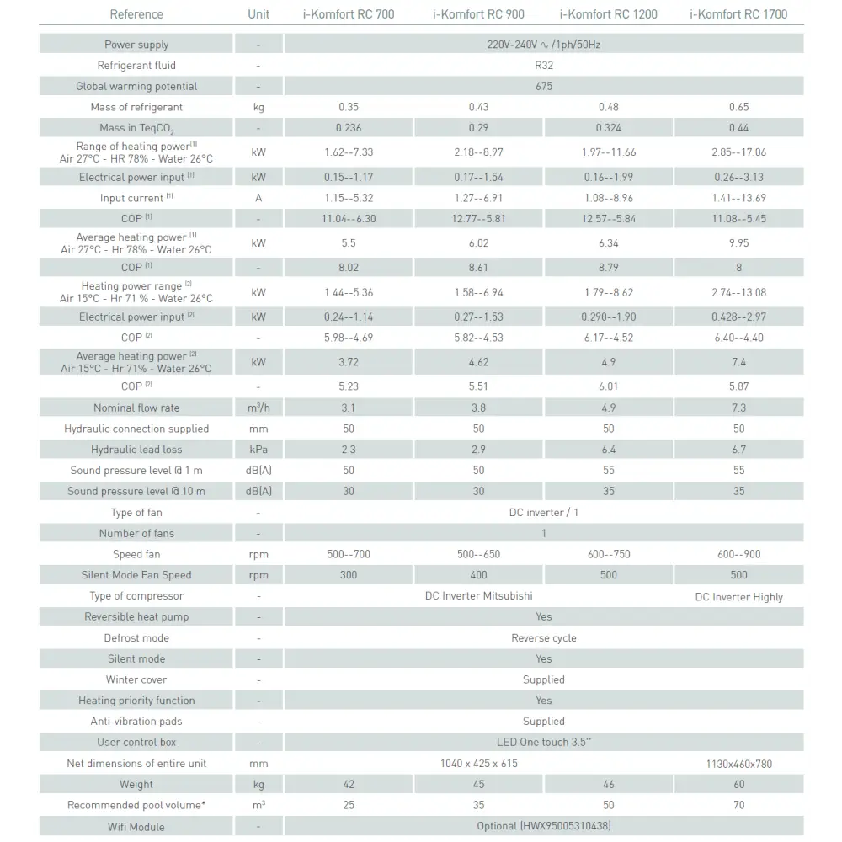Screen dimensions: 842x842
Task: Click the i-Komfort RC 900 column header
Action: (478, 14)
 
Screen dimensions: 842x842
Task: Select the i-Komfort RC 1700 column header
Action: (738, 14)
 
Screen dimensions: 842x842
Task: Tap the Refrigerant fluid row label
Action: (136, 66)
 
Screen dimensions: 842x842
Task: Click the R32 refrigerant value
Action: (544, 66)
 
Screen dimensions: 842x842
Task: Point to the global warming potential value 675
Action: (544, 87)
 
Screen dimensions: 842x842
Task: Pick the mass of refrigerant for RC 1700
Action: (738, 108)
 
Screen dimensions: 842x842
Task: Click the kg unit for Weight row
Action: (258, 785)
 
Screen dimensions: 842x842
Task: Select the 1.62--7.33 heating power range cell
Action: (349, 152)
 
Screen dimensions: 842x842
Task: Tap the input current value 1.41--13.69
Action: (738, 199)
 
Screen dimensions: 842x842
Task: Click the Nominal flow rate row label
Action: (136, 408)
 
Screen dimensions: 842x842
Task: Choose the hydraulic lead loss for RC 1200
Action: (609, 450)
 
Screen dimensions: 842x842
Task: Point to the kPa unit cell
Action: (258, 450)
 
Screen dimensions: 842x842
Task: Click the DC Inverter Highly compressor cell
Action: (738, 597)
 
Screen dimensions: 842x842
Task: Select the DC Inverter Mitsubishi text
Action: (479, 596)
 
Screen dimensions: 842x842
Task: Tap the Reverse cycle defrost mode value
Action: (544, 638)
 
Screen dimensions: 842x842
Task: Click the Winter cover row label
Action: (136, 680)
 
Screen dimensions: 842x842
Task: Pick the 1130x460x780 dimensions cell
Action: (738, 765)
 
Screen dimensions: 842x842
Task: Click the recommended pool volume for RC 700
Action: (349, 806)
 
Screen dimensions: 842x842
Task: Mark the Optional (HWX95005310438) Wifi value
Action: (544, 827)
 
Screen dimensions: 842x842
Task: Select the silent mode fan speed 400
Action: (479, 576)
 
